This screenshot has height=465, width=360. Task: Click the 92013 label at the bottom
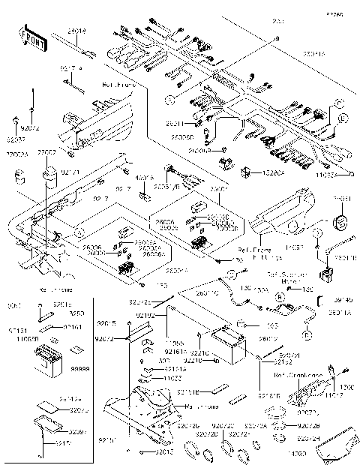point(155,453)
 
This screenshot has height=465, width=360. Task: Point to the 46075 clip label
point(142,178)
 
